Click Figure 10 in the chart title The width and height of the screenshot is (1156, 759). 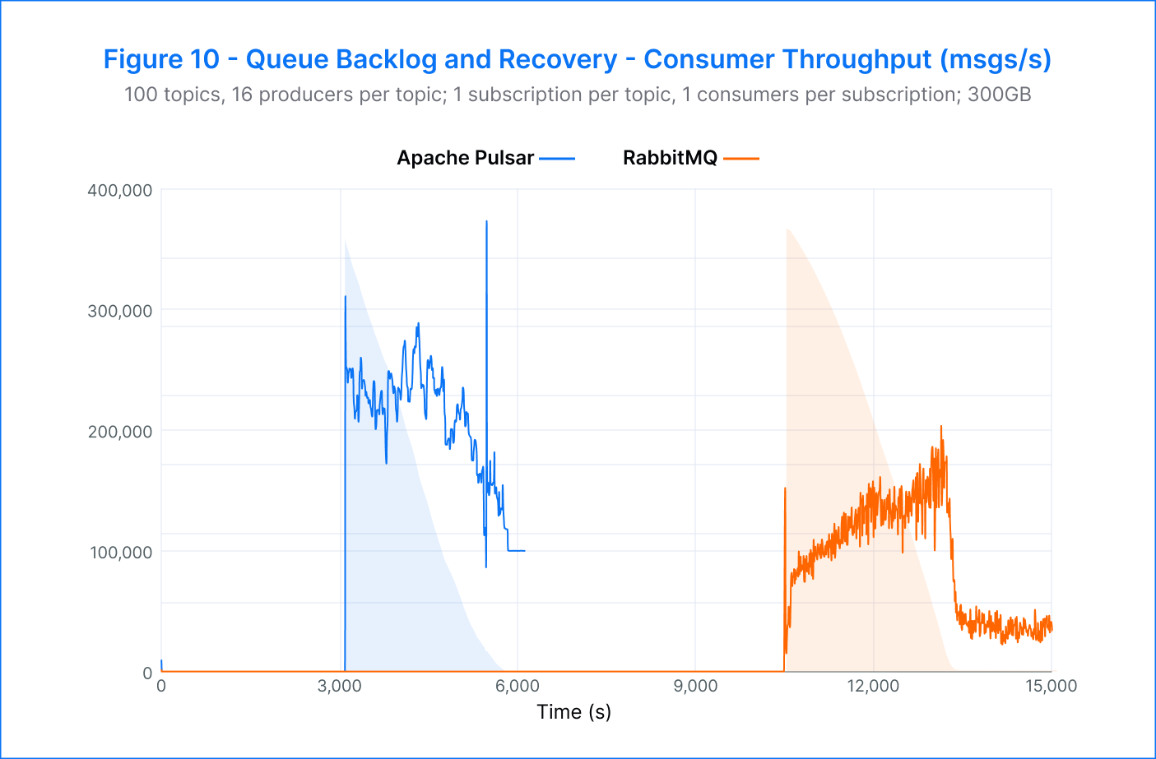161,60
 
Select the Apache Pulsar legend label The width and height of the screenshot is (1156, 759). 465,158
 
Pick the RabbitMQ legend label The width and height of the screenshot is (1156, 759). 670,158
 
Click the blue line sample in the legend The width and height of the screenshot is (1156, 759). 557,158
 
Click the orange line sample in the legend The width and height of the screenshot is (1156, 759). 741,158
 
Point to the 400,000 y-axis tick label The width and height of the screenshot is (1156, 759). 120,191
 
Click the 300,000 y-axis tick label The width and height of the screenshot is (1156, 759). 120,311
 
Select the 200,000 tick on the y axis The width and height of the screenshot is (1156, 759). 120,432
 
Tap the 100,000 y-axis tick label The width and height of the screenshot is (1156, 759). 120,553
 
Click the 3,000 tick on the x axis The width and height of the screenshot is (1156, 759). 339,687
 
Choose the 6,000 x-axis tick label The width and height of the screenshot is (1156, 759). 518,687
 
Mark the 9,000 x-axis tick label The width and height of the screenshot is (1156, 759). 695,687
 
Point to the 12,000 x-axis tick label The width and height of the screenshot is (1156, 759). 873,687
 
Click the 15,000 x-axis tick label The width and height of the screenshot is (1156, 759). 1051,687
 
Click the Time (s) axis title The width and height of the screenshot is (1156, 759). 573,712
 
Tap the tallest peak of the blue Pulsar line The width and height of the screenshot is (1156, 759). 486,222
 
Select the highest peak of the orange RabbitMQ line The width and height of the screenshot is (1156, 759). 941,427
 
